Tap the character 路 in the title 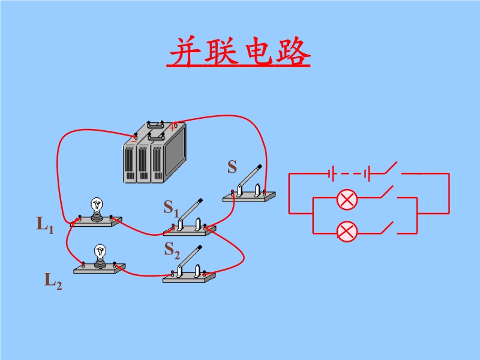coord(293,53)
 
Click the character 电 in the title coord(258,53)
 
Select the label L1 coord(45,226)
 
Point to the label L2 coord(53,280)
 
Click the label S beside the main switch coord(232,167)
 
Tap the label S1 coord(171,208)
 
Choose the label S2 coord(172,250)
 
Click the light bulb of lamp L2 coord(100,252)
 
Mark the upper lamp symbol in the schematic coord(346,199)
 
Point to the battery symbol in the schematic coord(349,174)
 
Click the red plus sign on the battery coord(173,127)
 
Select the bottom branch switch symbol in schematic coord(386,228)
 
